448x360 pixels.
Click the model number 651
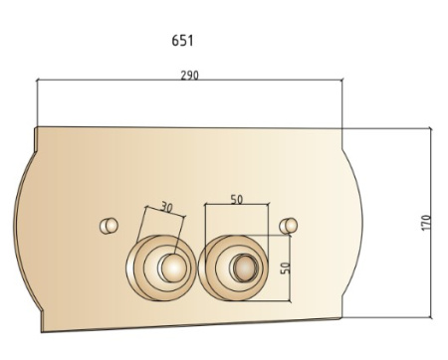click(182, 41)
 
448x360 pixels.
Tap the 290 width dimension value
click(190, 76)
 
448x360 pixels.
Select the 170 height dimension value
click(426, 223)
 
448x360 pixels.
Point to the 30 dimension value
click(167, 207)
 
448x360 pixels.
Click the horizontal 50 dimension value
click(237, 200)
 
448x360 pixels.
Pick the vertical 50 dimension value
click(285, 269)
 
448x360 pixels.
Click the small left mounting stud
click(109, 226)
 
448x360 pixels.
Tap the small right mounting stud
click(289, 226)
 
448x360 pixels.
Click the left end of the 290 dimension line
click(37, 80)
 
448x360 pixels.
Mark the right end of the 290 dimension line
click(342, 80)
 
